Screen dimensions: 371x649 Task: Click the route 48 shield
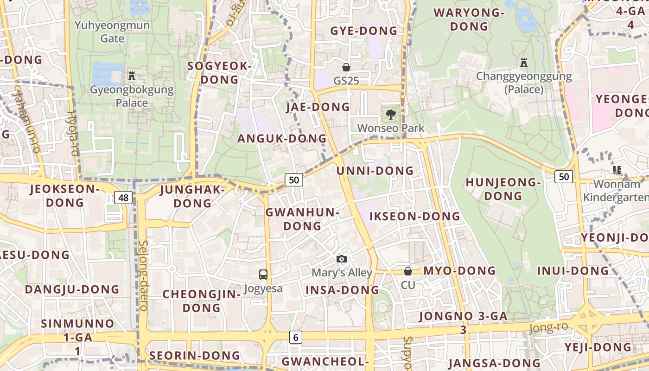point(123,198)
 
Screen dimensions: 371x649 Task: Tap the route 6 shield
point(295,337)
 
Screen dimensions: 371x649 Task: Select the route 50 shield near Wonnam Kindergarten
point(563,176)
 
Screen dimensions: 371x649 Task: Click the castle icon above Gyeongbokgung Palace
point(132,75)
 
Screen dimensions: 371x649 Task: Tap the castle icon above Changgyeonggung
point(524,62)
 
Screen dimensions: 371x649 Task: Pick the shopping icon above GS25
point(346,67)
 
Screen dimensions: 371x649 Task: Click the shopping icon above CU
point(408,271)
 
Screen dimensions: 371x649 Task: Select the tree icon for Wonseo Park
point(390,114)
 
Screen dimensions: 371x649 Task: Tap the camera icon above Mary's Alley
point(342,259)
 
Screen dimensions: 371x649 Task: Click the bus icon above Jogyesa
point(263,274)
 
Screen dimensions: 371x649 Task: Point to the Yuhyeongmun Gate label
point(112,32)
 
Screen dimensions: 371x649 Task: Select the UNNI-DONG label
point(375,171)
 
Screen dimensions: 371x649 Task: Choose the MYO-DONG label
point(459,270)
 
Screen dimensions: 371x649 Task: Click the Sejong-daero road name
point(143,275)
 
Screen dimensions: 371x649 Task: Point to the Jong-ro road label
point(548,327)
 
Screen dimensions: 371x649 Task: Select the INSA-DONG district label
point(342,290)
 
